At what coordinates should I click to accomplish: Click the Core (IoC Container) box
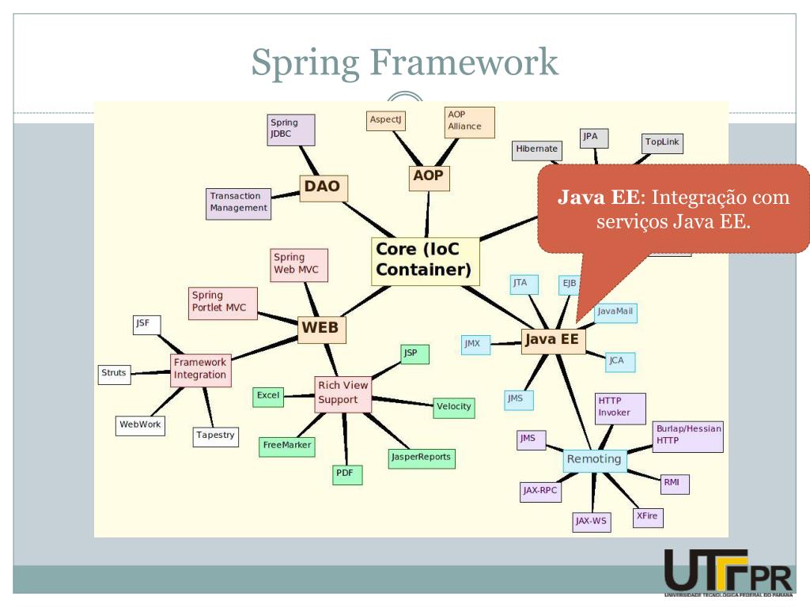[x=426, y=261]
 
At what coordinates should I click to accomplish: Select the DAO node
[x=322, y=187]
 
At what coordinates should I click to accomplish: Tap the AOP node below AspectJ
[x=428, y=178]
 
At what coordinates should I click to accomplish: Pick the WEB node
[x=322, y=327]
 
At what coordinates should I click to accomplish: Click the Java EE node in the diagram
[x=553, y=341]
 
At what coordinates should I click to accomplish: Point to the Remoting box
[x=594, y=459]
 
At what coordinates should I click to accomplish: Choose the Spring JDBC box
[x=291, y=130]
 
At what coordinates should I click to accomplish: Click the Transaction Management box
[x=238, y=202]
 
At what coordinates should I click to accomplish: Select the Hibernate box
[x=537, y=149]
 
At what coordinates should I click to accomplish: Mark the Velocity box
[x=454, y=406]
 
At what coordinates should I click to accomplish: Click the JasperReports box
[x=421, y=457]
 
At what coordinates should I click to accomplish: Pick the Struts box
[x=114, y=373]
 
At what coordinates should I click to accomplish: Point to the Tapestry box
[x=215, y=435]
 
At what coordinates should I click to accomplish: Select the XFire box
[x=649, y=517]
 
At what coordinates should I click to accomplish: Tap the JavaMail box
[x=615, y=311]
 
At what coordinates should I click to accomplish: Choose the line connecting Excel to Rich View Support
[x=299, y=395]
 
